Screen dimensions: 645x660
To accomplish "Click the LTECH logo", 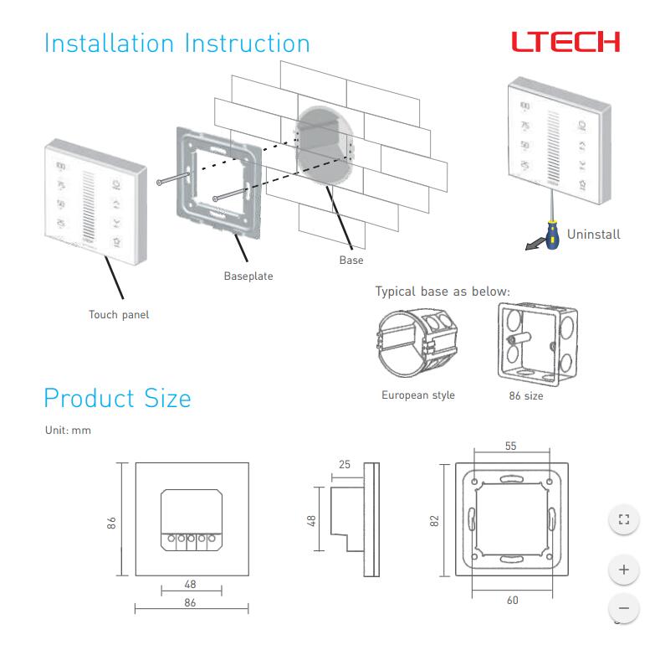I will (x=566, y=42).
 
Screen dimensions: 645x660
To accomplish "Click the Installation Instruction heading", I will (x=177, y=43).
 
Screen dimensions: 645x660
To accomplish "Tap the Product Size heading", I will (x=117, y=398).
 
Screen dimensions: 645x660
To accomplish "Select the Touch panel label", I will (x=119, y=315).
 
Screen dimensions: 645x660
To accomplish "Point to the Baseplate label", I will (x=248, y=276).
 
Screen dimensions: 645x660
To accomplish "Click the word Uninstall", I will (x=593, y=235).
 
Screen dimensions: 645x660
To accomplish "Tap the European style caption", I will (x=418, y=395).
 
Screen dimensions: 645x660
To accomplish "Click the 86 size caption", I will (x=525, y=395).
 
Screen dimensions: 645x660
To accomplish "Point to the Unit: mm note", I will (x=68, y=430).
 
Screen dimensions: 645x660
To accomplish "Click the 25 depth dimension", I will (x=345, y=463).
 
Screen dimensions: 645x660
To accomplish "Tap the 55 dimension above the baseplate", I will (x=510, y=446).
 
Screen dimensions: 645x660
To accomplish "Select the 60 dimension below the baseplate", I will (x=512, y=600).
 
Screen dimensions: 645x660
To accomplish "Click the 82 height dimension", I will (x=434, y=520).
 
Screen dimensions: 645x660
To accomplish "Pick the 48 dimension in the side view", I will (x=311, y=520).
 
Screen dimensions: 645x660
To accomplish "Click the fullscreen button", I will (x=622, y=519).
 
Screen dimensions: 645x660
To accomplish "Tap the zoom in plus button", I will (x=622, y=570).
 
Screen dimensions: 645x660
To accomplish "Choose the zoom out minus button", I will (x=622, y=607).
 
